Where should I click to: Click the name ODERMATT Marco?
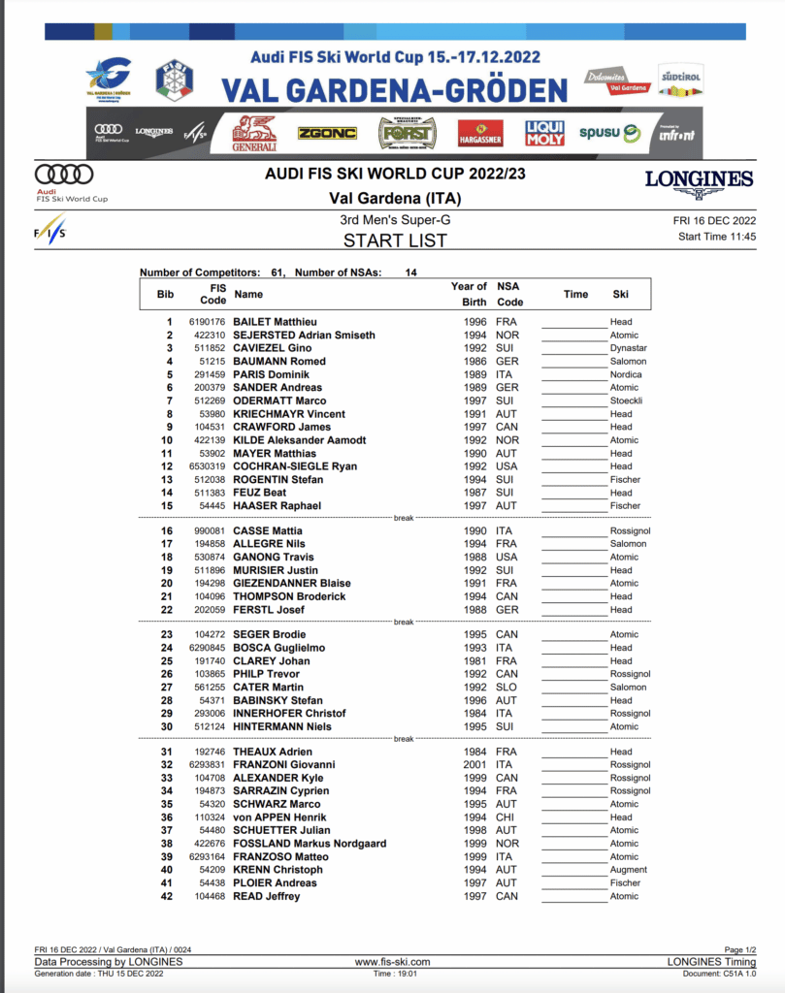[x=279, y=400]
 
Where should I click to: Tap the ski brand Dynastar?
[x=629, y=348]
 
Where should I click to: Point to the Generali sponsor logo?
[x=254, y=134]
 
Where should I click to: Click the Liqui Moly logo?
[x=544, y=133]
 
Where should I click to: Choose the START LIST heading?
[x=395, y=240]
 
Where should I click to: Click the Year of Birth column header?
[x=468, y=294]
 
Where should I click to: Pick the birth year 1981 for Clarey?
[x=474, y=661]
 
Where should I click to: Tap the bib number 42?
[x=169, y=897]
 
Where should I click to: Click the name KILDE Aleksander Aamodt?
[x=300, y=440]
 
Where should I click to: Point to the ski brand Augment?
[x=629, y=870]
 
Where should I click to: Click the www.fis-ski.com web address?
[x=392, y=962]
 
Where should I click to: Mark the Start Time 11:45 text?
[x=717, y=237]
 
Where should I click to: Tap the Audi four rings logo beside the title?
[x=64, y=175]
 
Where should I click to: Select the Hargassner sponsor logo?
[x=480, y=133]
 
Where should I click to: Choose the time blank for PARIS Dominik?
[x=572, y=374]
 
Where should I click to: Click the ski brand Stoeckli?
[x=627, y=400]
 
